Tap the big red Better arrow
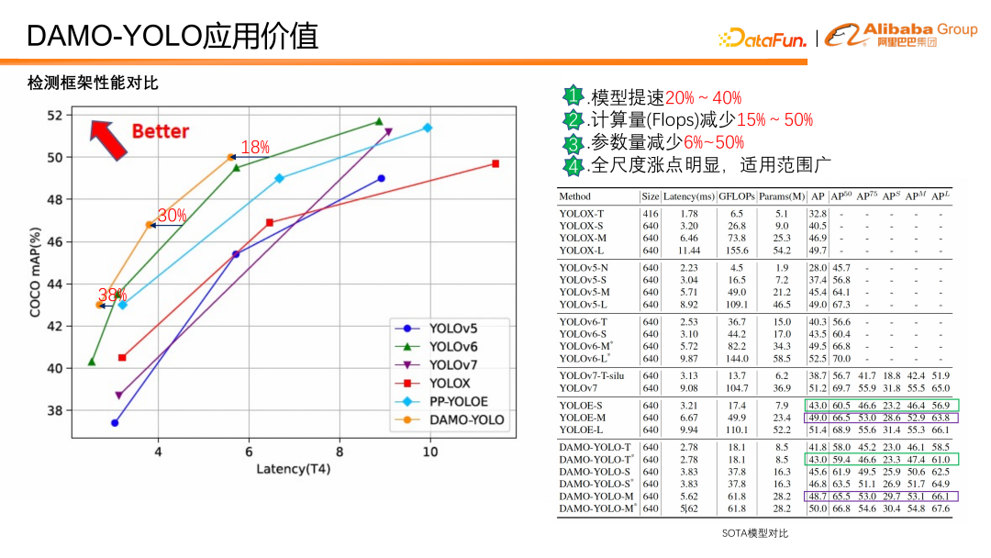tap(109, 139)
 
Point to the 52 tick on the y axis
tap(55, 116)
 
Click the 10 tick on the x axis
tap(430, 451)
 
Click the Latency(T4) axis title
tap(294, 469)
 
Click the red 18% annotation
tap(255, 148)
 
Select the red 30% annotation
tap(172, 216)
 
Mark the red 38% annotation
tap(112, 296)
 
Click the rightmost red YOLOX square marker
tap(495, 163)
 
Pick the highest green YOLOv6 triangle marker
tap(379, 121)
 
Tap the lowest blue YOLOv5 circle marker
tap(115, 423)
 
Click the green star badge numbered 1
tap(573, 96)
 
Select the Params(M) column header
tap(782, 196)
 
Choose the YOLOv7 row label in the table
tap(581, 388)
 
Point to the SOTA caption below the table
tap(754, 533)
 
